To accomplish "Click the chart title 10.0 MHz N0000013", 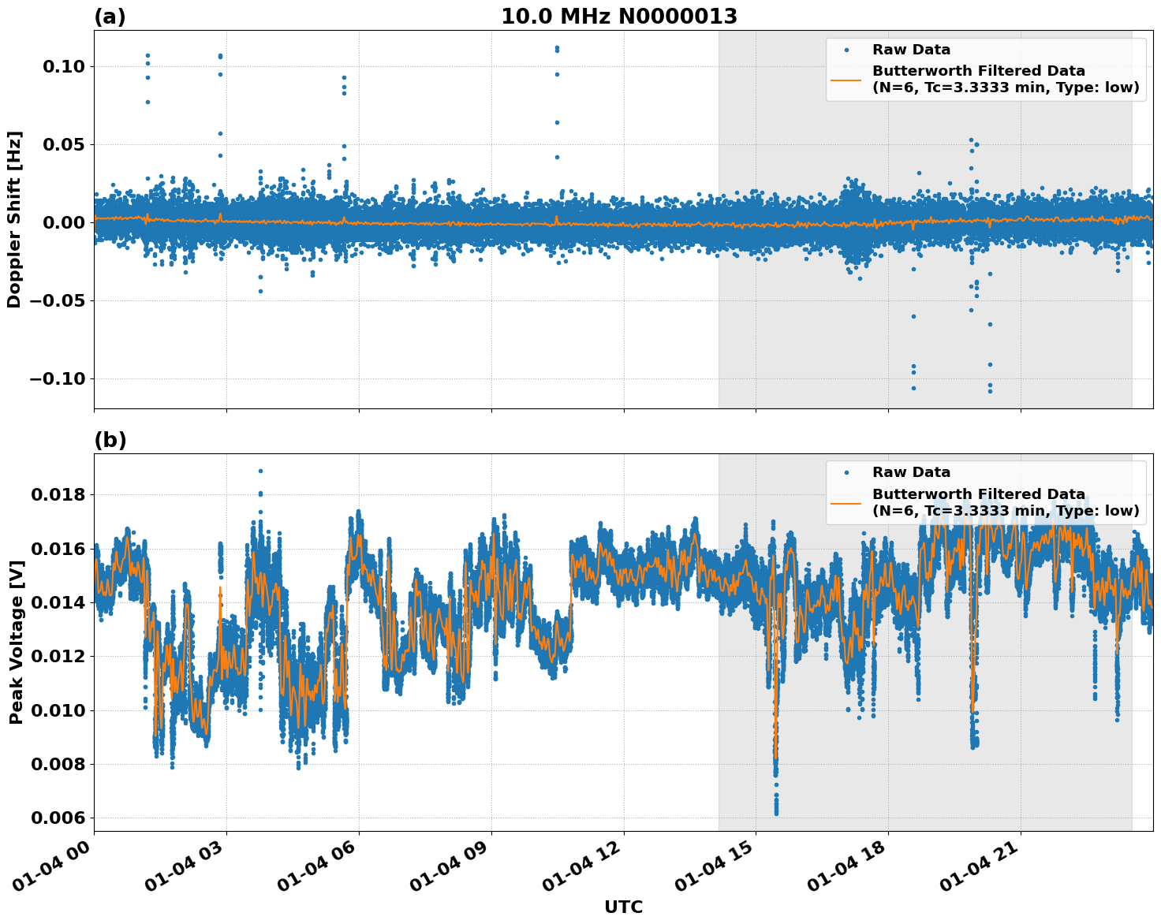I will coord(619,17).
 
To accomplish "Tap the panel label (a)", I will coord(110,17).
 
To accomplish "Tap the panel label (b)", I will coord(110,440).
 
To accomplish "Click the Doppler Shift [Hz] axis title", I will coord(14,219).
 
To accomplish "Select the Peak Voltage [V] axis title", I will coord(16,642).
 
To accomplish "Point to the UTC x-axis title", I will coord(623,907).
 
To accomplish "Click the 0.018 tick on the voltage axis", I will coord(58,495).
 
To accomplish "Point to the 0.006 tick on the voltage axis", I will coord(58,818).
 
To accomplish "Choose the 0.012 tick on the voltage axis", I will coord(58,656).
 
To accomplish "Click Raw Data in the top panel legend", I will coord(911,50).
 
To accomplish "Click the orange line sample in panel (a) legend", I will coord(846,80).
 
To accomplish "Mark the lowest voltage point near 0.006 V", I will coord(776,813).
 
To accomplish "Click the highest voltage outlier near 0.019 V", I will coord(260,471).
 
